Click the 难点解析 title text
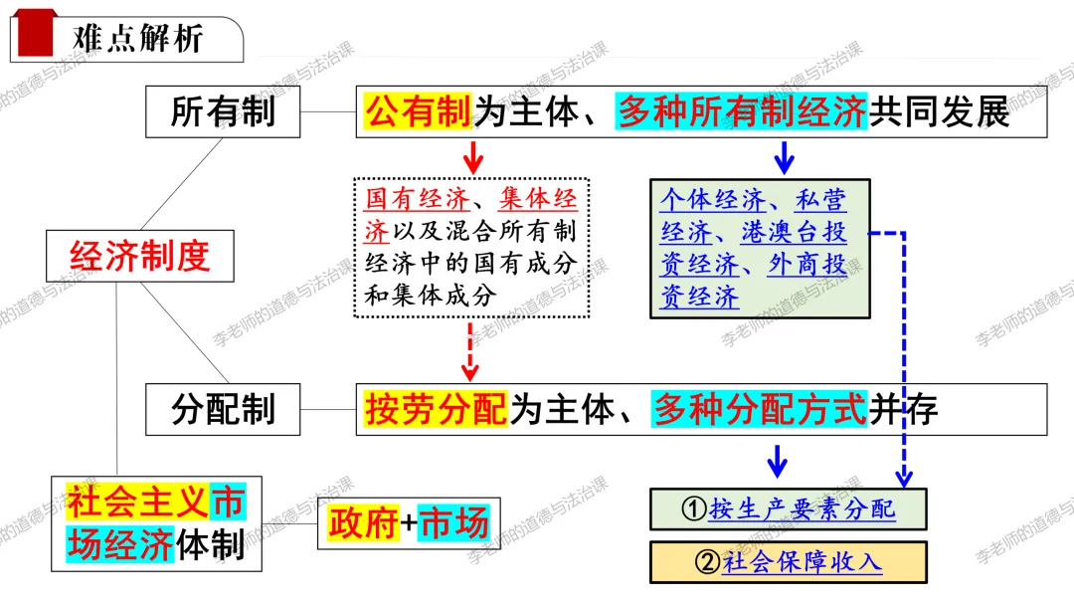(139, 38)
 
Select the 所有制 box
(223, 111)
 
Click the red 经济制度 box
(140, 256)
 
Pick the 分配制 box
(223, 408)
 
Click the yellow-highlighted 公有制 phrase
(418, 111)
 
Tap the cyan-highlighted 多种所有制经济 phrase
(742, 111)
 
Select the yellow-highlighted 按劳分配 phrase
(436, 408)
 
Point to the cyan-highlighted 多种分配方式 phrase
(760, 408)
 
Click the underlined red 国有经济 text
(405, 198)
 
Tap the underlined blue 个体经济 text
(713, 200)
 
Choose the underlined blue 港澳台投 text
(795, 233)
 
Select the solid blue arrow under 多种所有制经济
(784, 156)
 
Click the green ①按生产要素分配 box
(788, 508)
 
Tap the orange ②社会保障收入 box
(788, 561)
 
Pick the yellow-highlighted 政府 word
(364, 522)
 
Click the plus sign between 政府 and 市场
(409, 523)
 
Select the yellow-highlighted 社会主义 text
(137, 504)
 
